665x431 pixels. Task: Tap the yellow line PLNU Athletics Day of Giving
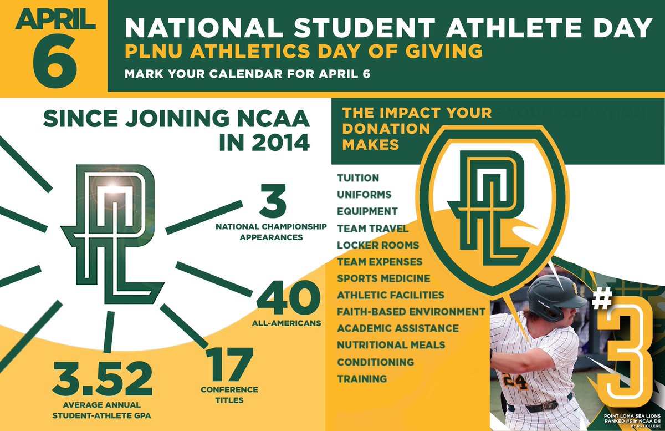coord(303,52)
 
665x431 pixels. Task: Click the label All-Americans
coord(289,323)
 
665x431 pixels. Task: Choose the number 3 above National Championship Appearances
coord(271,204)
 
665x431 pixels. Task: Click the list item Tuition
coord(358,178)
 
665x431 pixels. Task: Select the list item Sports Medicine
coord(383,278)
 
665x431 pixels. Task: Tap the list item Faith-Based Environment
coord(411,311)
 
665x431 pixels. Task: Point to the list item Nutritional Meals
coord(391,345)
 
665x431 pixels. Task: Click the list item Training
coord(362,379)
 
